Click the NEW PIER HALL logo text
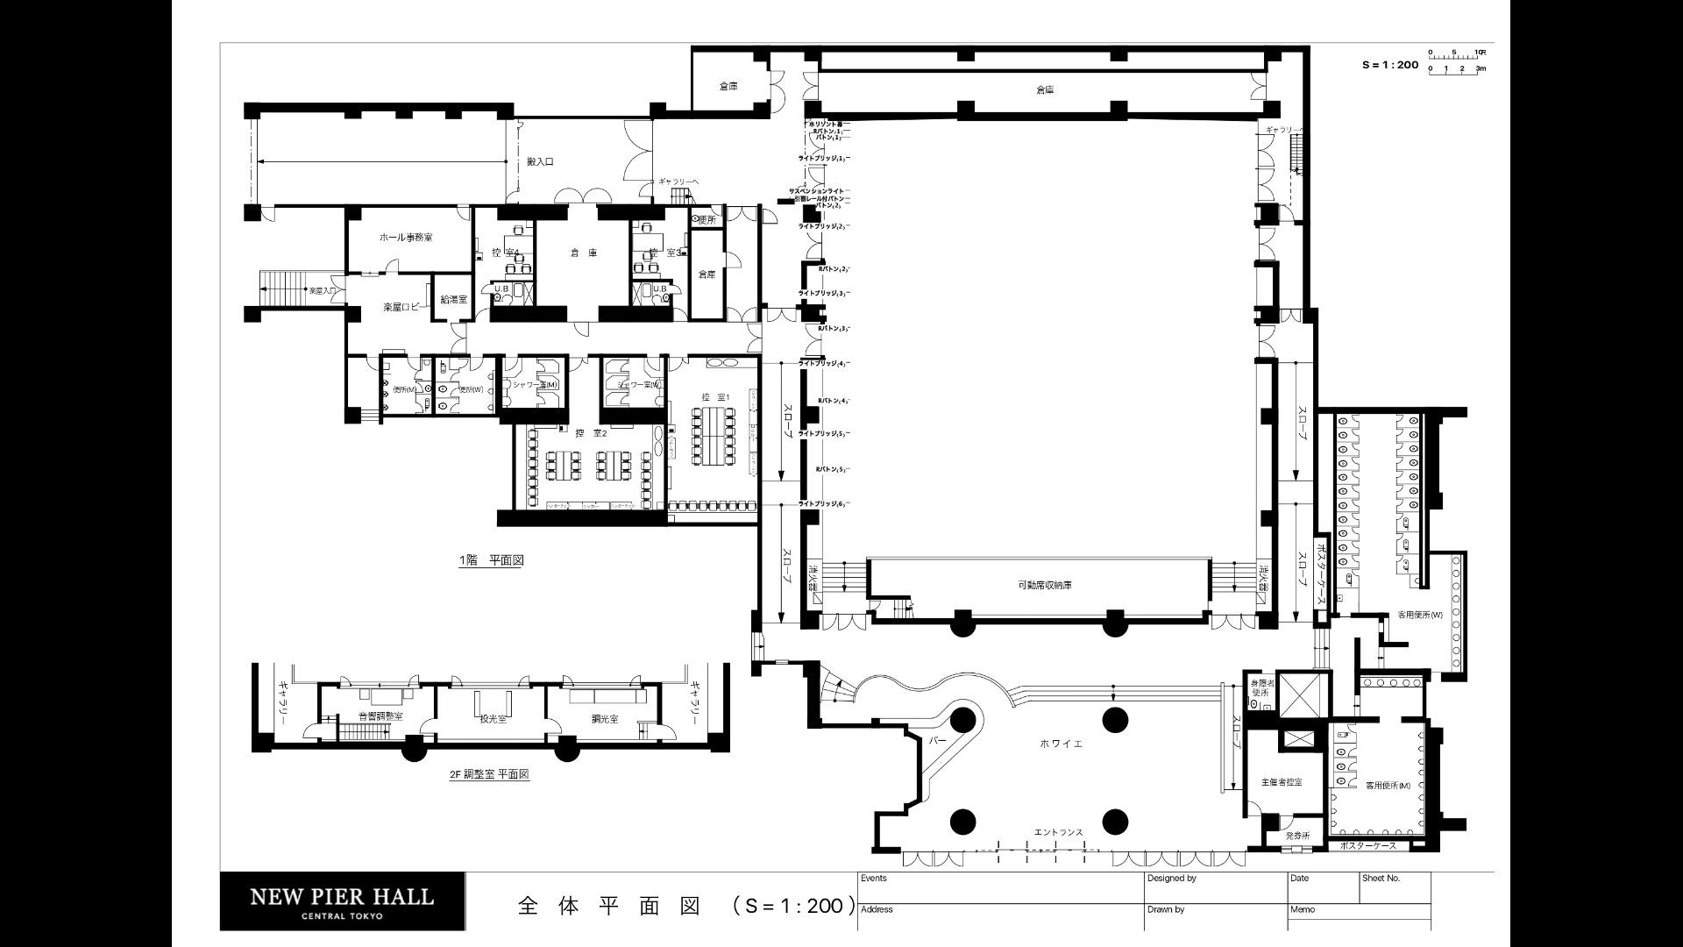click(x=342, y=897)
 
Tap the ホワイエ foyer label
click(x=1061, y=744)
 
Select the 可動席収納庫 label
click(x=1044, y=585)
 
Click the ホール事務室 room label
click(x=405, y=238)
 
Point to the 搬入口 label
click(x=540, y=161)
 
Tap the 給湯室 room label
click(x=453, y=300)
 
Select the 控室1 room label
click(x=715, y=397)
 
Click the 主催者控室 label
click(x=1282, y=781)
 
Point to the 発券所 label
click(x=1297, y=836)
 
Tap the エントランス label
click(x=1058, y=832)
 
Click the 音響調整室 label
click(x=380, y=716)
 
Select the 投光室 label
click(x=493, y=718)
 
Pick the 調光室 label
click(x=604, y=718)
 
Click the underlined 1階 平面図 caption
click(x=491, y=560)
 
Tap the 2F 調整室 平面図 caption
click(x=489, y=774)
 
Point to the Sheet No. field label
click(x=1381, y=878)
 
